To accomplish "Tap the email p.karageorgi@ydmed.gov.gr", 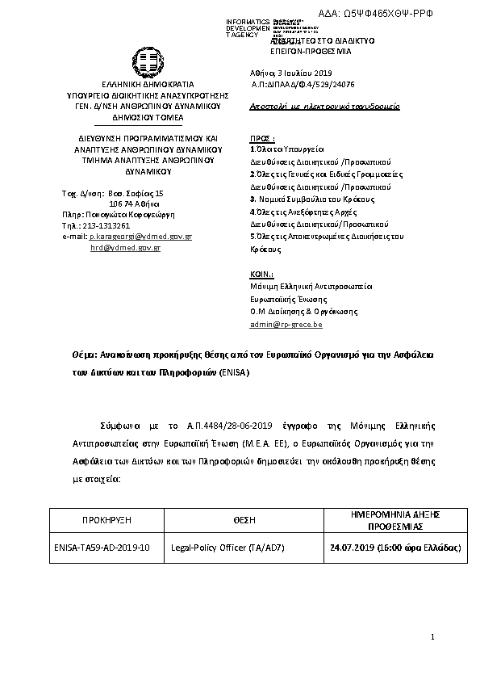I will point(140,237).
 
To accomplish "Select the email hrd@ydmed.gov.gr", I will point(125,248).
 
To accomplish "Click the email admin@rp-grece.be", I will point(286,324).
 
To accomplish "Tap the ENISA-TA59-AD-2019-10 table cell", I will point(102,548).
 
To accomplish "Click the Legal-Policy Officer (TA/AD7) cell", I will point(228,548).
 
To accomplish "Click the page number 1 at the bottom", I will point(433,638).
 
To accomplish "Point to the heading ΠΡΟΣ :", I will point(262,139).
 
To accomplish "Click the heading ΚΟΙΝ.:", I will point(262,275).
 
